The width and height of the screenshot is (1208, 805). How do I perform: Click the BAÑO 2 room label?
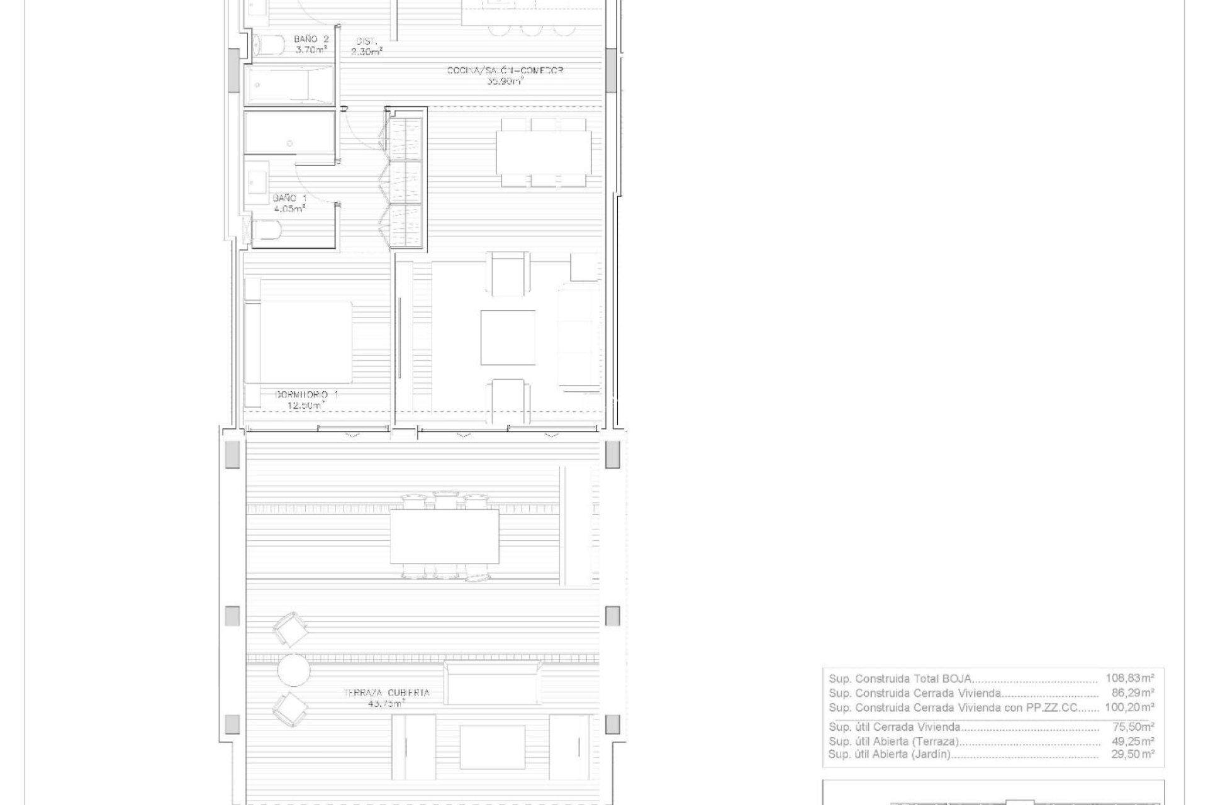click(x=311, y=39)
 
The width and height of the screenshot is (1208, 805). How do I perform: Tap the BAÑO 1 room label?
click(x=289, y=198)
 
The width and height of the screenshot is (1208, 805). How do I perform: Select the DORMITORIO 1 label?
click(x=306, y=394)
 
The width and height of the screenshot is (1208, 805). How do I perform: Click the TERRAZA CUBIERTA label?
click(x=386, y=692)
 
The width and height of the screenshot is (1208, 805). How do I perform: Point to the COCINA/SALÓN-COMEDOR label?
click(x=505, y=70)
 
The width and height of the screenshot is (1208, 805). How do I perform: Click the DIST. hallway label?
click(x=367, y=41)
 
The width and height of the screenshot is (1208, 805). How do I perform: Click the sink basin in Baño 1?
click(x=257, y=184)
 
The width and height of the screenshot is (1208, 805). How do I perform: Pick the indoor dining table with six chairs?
click(x=543, y=153)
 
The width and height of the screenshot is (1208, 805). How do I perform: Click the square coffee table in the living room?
click(x=508, y=337)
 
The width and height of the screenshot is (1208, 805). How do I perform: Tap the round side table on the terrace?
click(x=294, y=670)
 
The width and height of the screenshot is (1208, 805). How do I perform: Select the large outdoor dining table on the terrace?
click(x=444, y=536)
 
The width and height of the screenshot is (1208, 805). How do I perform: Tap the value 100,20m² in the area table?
click(x=1129, y=708)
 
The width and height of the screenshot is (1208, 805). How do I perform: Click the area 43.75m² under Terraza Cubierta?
click(x=386, y=704)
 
